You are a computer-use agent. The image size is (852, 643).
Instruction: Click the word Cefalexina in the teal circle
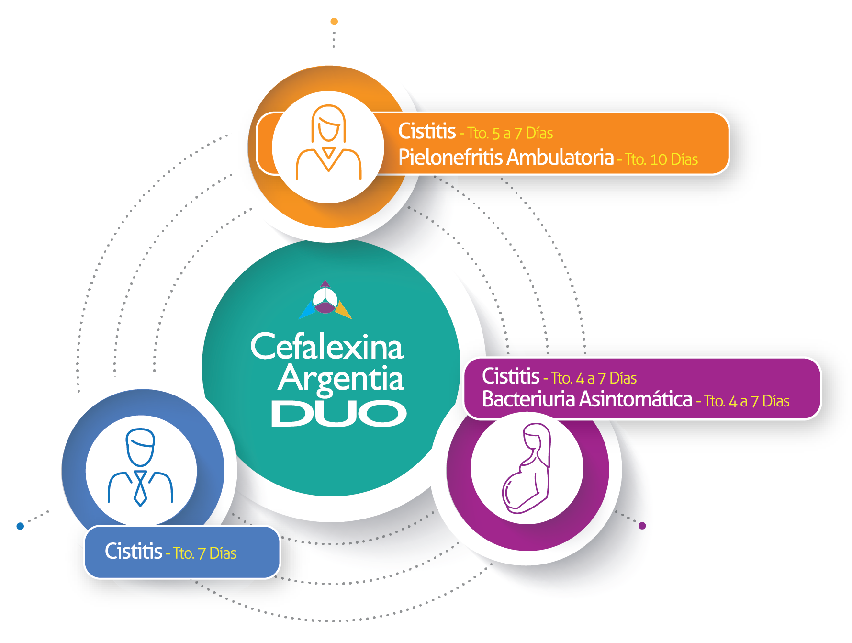[x=327, y=347]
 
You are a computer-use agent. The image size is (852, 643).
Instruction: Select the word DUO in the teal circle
[x=339, y=414]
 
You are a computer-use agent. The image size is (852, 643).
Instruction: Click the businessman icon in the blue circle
[x=140, y=467]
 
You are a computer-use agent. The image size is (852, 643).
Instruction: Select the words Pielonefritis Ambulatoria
[x=506, y=157]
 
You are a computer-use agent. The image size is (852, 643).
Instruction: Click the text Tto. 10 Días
[x=661, y=159]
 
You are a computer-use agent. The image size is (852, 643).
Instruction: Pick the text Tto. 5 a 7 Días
[x=510, y=133]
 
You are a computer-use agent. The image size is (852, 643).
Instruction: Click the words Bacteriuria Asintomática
[x=587, y=399]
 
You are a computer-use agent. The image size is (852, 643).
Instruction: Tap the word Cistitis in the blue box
[x=134, y=552]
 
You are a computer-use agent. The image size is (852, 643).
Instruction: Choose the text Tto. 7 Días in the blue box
[x=205, y=553]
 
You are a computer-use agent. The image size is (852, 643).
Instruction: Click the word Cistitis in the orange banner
[x=427, y=131]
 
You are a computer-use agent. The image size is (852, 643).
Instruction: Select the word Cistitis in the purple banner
[x=511, y=376]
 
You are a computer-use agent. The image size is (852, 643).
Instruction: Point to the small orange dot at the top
[x=334, y=22]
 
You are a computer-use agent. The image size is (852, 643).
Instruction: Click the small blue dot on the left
[x=20, y=526]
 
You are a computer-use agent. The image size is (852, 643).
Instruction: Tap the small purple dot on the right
[x=642, y=526]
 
